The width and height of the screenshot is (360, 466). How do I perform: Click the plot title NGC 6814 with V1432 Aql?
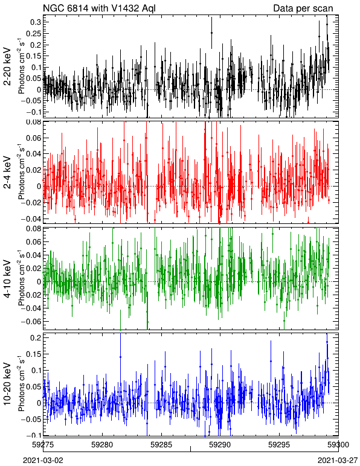click(99, 8)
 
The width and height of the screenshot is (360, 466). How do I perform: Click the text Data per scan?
click(303, 8)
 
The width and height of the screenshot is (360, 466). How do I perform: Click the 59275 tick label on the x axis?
click(43, 445)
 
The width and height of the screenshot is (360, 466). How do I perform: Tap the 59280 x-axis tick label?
click(102, 445)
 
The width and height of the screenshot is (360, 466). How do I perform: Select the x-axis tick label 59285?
click(161, 445)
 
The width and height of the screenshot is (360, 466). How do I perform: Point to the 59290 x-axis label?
click(220, 445)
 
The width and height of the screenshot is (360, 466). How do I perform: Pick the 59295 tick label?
click(279, 445)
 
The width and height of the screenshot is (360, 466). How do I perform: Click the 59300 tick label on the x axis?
click(338, 445)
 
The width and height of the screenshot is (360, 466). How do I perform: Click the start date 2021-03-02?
click(43, 461)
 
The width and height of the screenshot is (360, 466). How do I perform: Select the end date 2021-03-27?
click(338, 461)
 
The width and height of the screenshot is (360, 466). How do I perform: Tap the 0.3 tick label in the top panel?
click(36, 22)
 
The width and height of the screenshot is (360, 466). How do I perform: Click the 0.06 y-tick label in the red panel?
click(33, 138)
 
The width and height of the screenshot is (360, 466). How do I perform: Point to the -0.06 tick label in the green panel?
click(31, 321)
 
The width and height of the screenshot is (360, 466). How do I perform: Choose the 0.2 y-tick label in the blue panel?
click(36, 337)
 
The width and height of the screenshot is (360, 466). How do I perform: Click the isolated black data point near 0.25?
click(211, 33)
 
